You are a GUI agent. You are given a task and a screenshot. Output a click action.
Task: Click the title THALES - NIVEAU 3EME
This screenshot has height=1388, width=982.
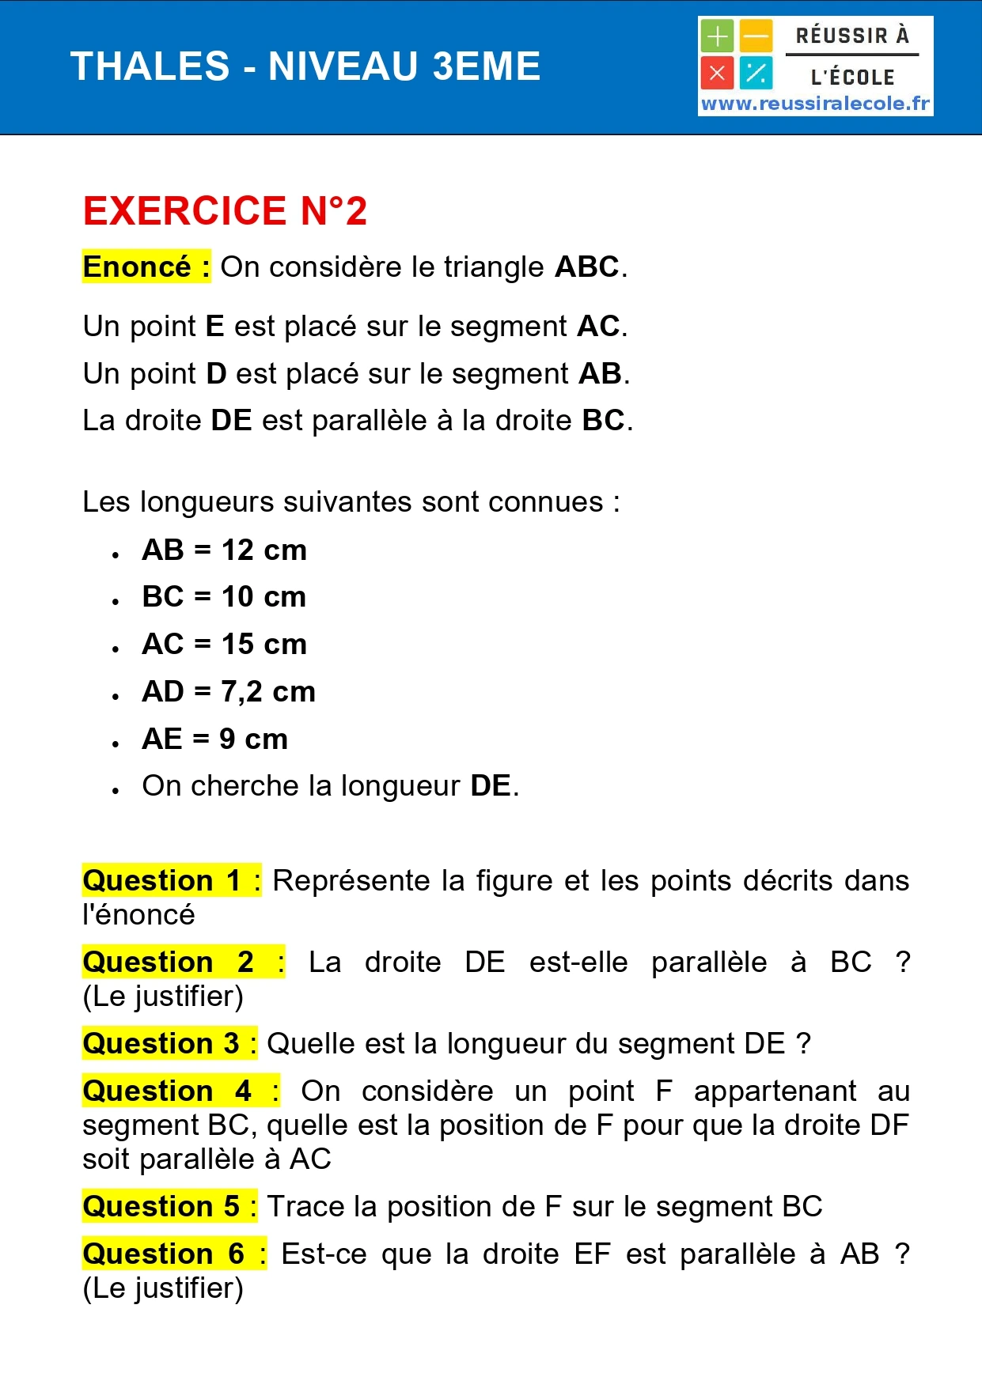[305, 66]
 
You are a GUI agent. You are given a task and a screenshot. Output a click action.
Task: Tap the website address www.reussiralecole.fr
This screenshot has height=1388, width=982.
[815, 104]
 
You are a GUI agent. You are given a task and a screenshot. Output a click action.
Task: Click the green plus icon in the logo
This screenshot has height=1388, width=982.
[717, 36]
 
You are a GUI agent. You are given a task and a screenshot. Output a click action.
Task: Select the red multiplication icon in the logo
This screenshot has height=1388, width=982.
[717, 74]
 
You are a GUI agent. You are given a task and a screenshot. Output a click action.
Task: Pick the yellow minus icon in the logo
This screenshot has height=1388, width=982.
[756, 36]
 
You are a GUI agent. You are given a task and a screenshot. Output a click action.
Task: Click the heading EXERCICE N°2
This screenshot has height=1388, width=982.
[225, 211]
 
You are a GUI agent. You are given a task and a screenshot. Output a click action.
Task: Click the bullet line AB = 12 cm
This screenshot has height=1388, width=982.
[224, 550]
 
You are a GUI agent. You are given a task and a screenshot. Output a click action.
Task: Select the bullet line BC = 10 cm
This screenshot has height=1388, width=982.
[224, 596]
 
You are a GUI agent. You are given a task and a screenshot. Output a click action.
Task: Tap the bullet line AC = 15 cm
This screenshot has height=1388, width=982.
[224, 644]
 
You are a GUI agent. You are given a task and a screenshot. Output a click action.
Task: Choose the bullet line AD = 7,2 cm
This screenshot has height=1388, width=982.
[229, 691]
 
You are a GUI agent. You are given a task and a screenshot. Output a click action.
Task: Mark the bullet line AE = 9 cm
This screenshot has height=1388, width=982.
[214, 739]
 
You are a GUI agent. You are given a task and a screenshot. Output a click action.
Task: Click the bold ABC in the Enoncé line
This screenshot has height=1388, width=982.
[586, 267]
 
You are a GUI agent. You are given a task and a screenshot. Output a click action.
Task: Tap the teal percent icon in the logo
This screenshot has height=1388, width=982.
[756, 74]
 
